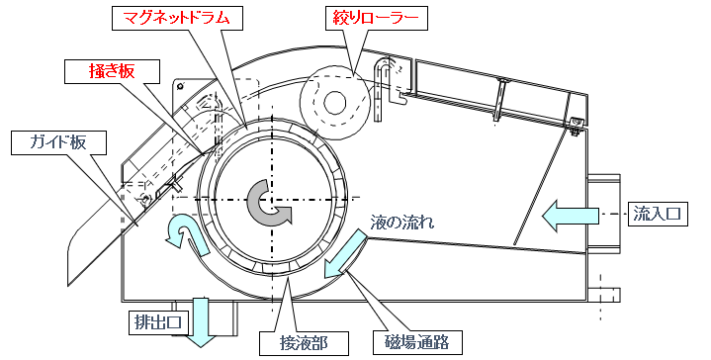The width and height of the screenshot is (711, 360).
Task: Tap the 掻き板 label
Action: [x=112, y=71]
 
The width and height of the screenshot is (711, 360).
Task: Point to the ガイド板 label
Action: [x=58, y=143]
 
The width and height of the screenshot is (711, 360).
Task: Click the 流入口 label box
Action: [x=657, y=213]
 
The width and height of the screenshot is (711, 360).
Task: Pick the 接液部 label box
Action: [x=304, y=343]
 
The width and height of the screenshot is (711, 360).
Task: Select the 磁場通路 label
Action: [x=417, y=343]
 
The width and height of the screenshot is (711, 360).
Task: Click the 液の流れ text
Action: [x=401, y=223]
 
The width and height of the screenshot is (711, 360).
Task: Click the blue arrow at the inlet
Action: [x=571, y=216]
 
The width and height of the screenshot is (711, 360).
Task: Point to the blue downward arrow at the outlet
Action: [x=200, y=321]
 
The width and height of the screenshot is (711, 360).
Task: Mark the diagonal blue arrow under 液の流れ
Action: [x=345, y=253]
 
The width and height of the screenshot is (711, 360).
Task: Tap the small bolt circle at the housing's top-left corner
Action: [x=181, y=86]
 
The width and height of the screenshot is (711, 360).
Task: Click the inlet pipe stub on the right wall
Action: [x=603, y=213]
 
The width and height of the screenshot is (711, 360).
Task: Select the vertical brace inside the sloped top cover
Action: [x=499, y=100]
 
